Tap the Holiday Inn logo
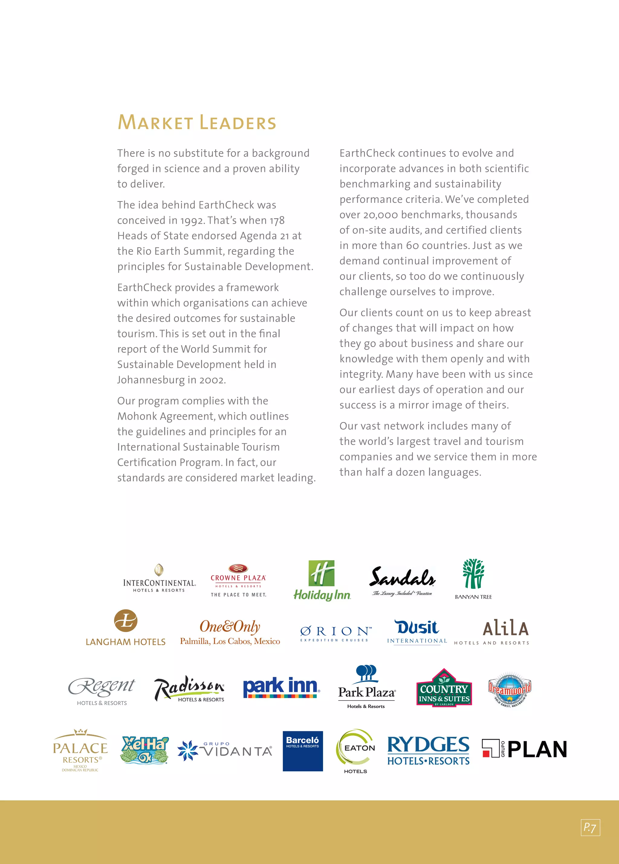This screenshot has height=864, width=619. (322, 580)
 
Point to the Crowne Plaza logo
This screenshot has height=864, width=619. (238, 580)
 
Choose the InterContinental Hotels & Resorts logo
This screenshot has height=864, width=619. (159, 579)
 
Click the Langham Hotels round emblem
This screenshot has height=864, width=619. (126, 620)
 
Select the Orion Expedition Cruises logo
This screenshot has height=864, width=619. (335, 633)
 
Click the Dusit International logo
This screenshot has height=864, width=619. (417, 631)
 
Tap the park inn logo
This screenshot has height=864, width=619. (281, 688)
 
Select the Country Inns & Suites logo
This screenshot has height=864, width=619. (444, 688)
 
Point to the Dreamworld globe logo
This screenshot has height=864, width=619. (509, 689)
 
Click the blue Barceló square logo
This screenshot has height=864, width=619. (303, 751)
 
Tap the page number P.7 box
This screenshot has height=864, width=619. (590, 827)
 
